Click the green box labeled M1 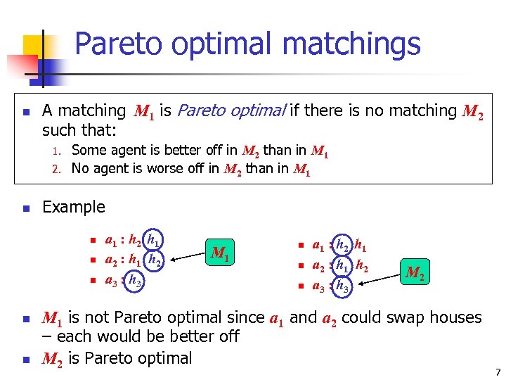[221, 252]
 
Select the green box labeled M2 [415, 272]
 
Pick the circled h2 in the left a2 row [157, 261]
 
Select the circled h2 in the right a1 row [342, 246]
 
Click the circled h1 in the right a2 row [342, 266]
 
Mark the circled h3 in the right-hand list [342, 286]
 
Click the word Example [74, 207]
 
